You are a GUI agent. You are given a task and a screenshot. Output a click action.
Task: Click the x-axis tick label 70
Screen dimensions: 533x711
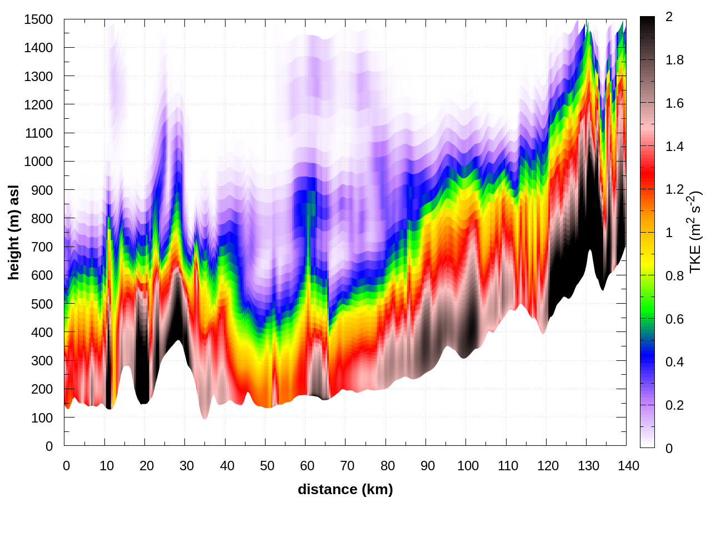pyautogui.click(x=347, y=466)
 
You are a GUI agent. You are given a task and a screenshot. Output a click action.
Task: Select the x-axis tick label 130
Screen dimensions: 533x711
pyautogui.click(x=588, y=466)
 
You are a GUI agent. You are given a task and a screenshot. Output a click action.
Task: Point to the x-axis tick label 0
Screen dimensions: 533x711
pyautogui.click(x=67, y=466)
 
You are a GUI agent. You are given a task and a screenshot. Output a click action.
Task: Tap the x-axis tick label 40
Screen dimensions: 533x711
pyautogui.click(x=227, y=466)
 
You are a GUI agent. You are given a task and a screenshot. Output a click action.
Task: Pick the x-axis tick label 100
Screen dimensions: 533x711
pyautogui.click(x=468, y=466)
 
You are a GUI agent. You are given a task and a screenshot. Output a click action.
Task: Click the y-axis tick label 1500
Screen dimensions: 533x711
pyautogui.click(x=38, y=19)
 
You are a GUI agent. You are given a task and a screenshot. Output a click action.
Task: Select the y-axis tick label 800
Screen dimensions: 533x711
pyautogui.click(x=42, y=219)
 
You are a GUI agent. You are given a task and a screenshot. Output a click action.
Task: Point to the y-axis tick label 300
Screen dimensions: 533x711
pyautogui.click(x=42, y=361)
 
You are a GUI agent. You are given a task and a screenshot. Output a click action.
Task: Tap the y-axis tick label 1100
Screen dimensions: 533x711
pyautogui.click(x=38, y=133)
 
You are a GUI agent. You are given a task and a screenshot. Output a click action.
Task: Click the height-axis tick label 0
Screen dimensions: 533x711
pyautogui.click(x=49, y=446)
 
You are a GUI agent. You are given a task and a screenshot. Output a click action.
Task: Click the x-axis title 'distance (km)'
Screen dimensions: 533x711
pyautogui.click(x=345, y=489)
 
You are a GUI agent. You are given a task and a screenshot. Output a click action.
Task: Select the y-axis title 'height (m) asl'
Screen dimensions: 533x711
pyautogui.click(x=14, y=232)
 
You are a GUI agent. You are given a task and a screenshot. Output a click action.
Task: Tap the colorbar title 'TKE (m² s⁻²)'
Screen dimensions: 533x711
pyautogui.click(x=695, y=232)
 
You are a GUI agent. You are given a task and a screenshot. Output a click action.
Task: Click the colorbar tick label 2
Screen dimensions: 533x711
pyautogui.click(x=669, y=17)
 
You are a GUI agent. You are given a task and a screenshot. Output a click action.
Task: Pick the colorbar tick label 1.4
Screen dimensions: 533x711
pyautogui.click(x=675, y=147)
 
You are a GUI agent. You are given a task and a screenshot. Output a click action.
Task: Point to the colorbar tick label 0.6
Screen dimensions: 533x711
pyautogui.click(x=675, y=319)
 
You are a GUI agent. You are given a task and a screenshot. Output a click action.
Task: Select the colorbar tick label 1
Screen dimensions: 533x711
pyautogui.click(x=669, y=233)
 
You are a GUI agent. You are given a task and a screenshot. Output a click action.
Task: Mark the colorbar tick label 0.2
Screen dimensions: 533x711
pyautogui.click(x=675, y=405)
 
